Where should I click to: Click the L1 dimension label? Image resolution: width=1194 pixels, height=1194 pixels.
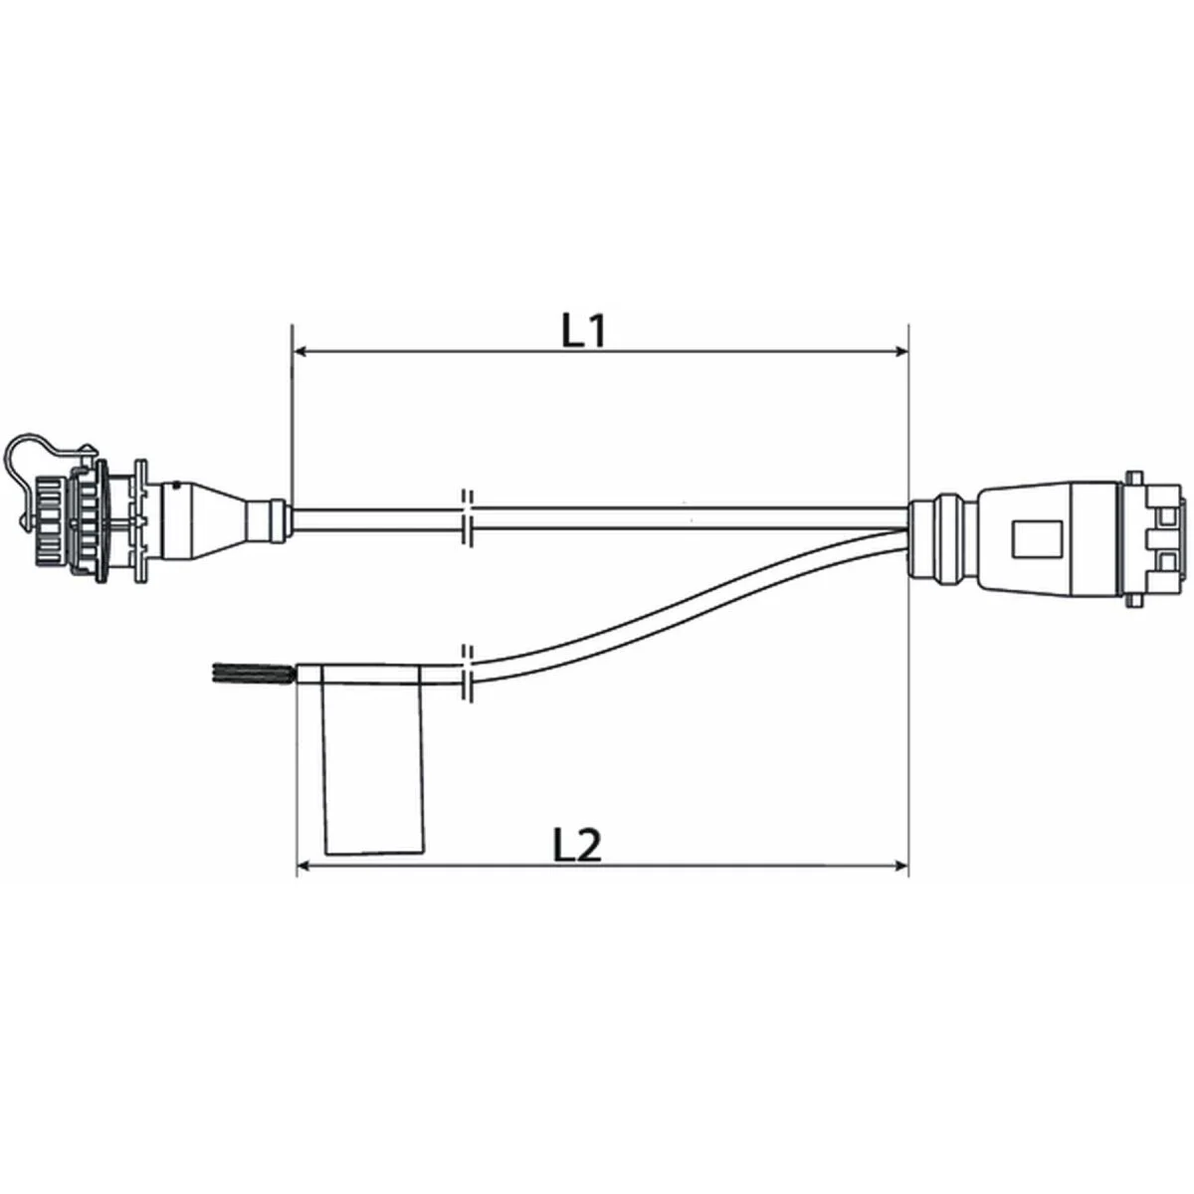[x=583, y=331]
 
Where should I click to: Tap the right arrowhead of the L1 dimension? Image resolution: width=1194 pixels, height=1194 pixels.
[x=900, y=351]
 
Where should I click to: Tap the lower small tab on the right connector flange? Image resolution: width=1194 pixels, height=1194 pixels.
[x=1132, y=602]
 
